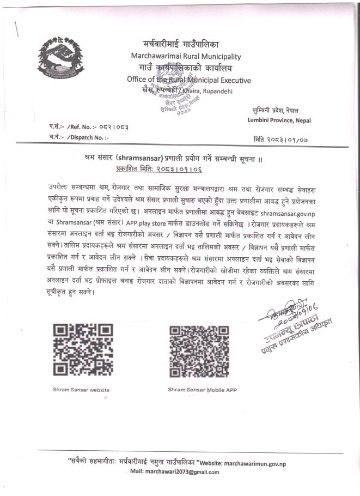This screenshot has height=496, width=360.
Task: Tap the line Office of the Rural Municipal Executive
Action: (x=188, y=80)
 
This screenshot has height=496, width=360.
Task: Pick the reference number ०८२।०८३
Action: (x=111, y=127)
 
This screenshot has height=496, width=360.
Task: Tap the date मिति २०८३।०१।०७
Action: (x=280, y=140)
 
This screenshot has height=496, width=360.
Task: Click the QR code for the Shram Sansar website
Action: (x=83, y=349)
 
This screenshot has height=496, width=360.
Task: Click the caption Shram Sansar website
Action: (x=81, y=390)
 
